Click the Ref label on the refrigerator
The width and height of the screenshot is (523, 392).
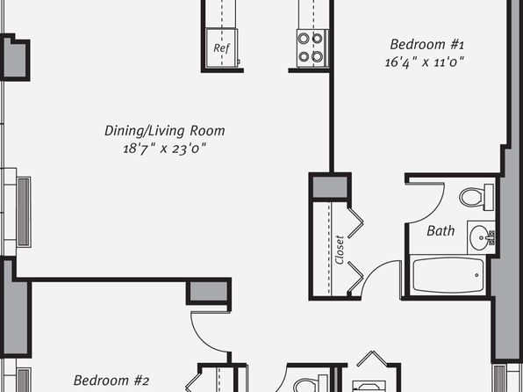(x=221, y=48)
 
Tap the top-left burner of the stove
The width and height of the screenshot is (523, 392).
(x=304, y=39)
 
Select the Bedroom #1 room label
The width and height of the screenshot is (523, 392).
(x=427, y=44)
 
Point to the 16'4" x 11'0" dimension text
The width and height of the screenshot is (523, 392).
(x=425, y=62)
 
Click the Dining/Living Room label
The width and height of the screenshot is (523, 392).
(x=165, y=131)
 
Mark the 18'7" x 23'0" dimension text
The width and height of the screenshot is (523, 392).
(x=164, y=149)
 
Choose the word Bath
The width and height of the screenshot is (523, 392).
(x=441, y=231)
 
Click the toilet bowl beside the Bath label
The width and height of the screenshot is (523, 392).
(x=471, y=197)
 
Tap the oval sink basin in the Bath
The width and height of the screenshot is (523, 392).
(x=480, y=237)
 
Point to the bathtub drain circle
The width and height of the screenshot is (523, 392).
(x=476, y=275)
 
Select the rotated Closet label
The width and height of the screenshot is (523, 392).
(x=340, y=250)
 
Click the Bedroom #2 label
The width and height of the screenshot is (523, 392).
(x=111, y=381)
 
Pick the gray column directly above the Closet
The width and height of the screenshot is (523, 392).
(x=330, y=187)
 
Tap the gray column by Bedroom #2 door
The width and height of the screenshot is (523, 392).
(x=209, y=292)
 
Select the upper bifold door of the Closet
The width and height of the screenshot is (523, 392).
(x=355, y=223)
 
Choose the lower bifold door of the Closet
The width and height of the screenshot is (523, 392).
(x=355, y=277)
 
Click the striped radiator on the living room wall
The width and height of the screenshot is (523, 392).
(x=24, y=212)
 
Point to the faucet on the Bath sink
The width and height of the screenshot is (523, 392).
(x=491, y=237)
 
